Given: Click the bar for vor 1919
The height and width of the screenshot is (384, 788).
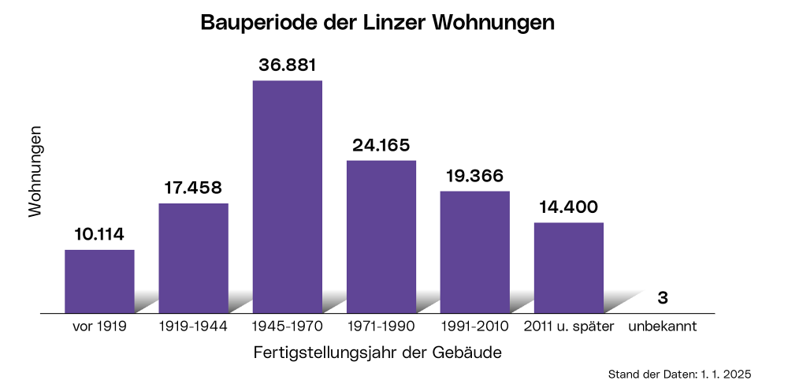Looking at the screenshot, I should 99,281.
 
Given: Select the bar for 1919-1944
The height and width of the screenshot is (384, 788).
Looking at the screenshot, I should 193,258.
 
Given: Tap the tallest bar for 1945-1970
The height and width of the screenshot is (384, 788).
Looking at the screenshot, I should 287,196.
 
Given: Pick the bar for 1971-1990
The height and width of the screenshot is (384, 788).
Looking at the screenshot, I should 381,237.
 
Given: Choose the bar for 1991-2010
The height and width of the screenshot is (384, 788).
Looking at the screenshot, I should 474,252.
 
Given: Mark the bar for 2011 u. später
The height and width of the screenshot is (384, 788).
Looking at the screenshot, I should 568,267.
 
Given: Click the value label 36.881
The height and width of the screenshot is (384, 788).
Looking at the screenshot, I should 288,64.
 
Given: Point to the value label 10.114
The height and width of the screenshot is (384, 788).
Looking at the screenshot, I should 99,234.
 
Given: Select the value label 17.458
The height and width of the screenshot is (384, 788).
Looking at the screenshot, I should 193,188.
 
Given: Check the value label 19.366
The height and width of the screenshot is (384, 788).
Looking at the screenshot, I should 474,175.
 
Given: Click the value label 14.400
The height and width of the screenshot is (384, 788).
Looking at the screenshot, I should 568,207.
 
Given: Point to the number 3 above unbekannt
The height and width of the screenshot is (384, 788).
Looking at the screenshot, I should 663,298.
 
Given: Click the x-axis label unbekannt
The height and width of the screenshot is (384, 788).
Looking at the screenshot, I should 663,326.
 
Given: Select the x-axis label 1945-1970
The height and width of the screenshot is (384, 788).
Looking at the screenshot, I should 287,326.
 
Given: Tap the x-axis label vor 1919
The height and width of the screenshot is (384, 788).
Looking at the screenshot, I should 99,326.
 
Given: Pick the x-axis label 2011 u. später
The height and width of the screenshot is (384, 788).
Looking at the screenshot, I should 568,326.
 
